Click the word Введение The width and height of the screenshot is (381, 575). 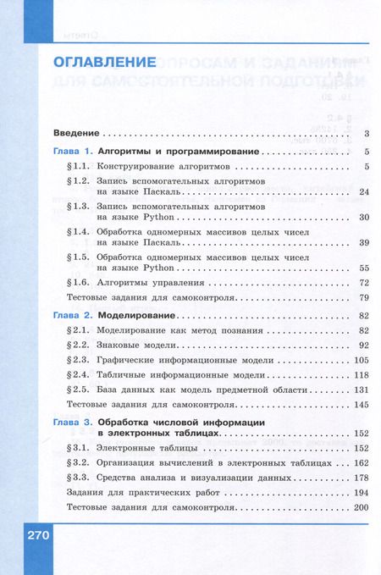pyautogui.click(x=76, y=134)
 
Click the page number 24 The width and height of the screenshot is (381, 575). pyautogui.click(x=365, y=193)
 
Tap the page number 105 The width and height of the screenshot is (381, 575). pyautogui.click(x=362, y=360)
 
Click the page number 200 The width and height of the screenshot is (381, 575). pyautogui.click(x=362, y=506)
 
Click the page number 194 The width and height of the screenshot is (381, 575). pyautogui.click(x=362, y=492)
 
